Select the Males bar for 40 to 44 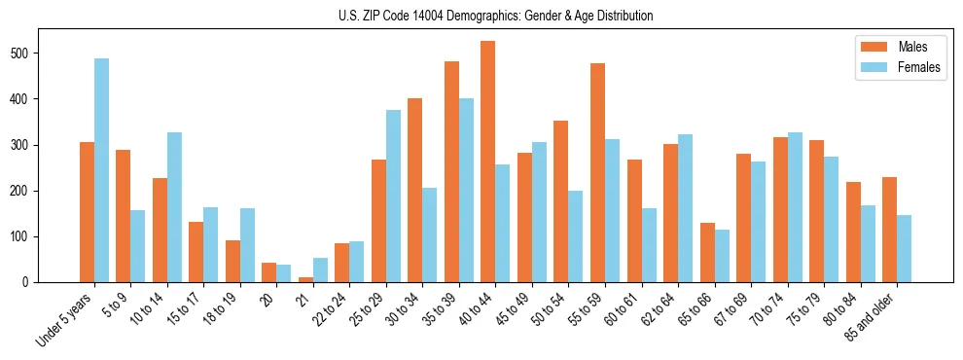click(x=487, y=162)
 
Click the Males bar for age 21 click(x=305, y=279)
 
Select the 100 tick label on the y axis click(x=26, y=236)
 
